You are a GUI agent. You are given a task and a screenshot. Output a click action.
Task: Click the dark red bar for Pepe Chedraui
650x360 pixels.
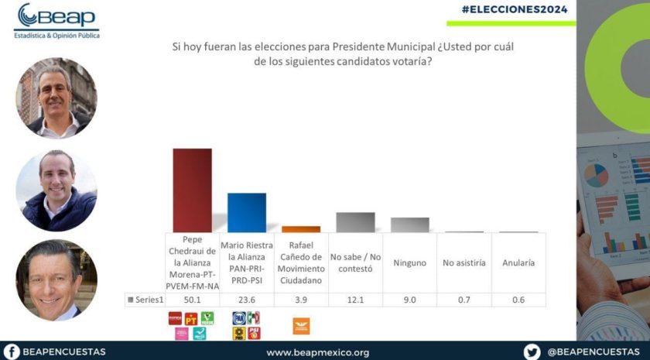(x=192, y=190)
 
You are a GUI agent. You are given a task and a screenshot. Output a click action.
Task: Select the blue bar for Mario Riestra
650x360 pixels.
(x=247, y=213)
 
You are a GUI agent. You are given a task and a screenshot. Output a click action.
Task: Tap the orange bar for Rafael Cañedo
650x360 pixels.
(x=301, y=229)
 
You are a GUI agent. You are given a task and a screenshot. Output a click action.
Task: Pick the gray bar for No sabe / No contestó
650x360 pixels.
(x=355, y=222)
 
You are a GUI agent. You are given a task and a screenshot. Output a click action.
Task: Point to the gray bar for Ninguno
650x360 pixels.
(x=409, y=225)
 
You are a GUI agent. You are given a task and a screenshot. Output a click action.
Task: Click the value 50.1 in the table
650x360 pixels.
(x=192, y=300)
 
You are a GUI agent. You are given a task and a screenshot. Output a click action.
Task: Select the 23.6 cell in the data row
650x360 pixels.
(x=247, y=300)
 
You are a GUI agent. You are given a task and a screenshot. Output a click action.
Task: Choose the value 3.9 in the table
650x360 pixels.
(x=301, y=300)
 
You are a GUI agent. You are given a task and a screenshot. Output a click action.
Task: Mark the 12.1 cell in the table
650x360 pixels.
(x=355, y=300)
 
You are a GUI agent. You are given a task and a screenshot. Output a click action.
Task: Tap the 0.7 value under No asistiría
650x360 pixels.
(x=464, y=300)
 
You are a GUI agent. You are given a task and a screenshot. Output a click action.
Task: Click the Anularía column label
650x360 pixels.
(x=518, y=263)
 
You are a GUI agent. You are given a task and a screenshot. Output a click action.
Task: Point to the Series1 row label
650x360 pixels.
(x=145, y=300)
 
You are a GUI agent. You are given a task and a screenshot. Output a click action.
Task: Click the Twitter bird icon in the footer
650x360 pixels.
(x=532, y=351)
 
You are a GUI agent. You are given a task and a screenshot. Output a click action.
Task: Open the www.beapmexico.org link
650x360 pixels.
(x=317, y=352)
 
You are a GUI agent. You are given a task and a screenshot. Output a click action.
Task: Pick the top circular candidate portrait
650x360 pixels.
(x=56, y=98)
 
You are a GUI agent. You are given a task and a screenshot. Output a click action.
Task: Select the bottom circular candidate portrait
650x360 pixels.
(x=56, y=279)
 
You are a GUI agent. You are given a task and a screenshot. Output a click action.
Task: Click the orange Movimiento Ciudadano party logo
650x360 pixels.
(x=301, y=326)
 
